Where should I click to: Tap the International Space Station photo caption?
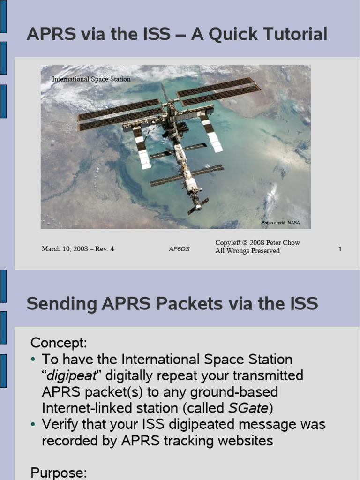tap(91, 79)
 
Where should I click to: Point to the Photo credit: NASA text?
tap(280, 223)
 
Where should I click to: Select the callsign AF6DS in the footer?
tap(179, 249)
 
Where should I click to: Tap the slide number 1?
tap(339, 249)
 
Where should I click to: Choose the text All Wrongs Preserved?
tap(247, 251)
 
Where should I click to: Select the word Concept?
tap(59, 343)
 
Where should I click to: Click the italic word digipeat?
tap(71, 375)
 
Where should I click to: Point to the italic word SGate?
tap(248, 408)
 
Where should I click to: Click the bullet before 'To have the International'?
tap(33, 360)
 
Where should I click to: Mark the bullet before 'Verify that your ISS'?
tap(33, 424)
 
